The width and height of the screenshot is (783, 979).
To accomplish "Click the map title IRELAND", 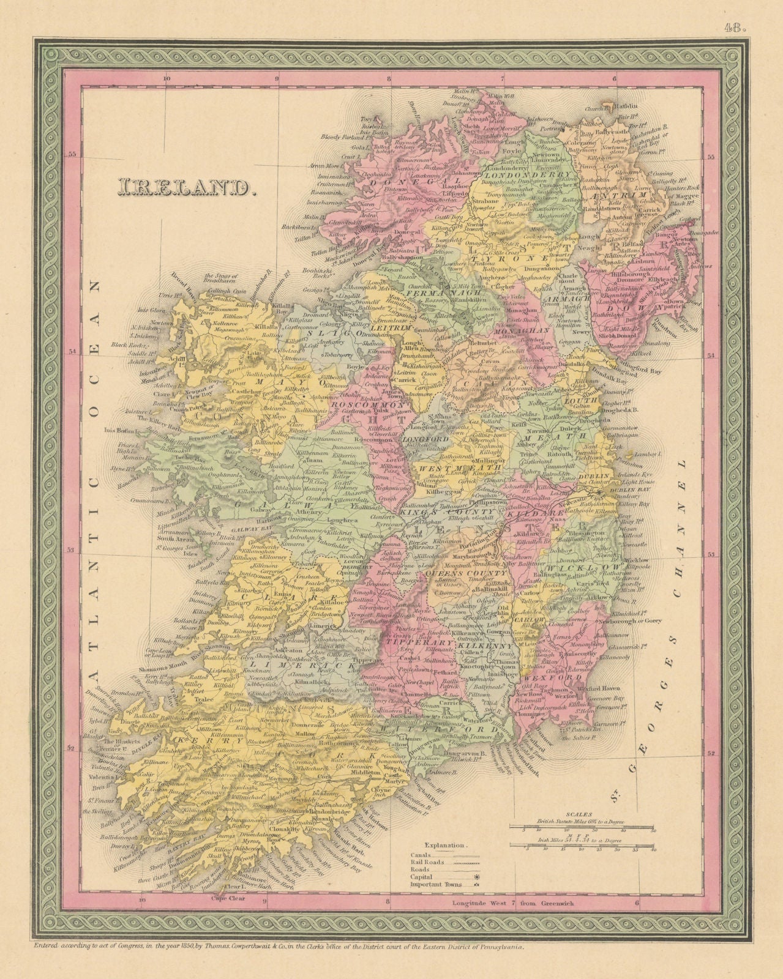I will pyautogui.click(x=185, y=187).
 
